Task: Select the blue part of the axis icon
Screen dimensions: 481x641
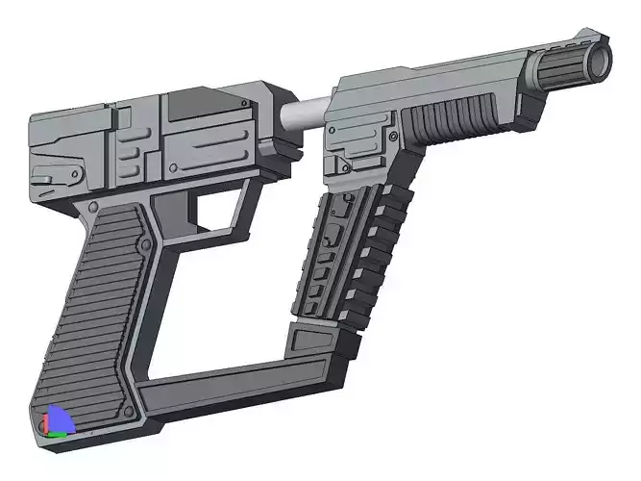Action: [x=60, y=418]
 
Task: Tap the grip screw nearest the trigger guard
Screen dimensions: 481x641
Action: [x=144, y=247]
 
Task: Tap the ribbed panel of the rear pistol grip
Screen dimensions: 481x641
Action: [x=96, y=308]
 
